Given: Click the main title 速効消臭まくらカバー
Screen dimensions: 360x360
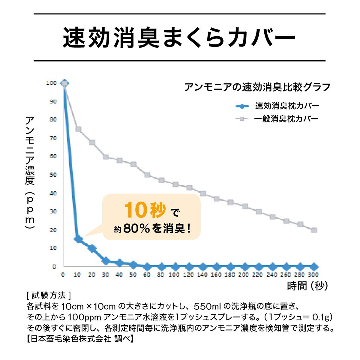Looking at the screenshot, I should [179, 37].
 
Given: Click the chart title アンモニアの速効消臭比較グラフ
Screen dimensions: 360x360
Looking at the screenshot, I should [257, 87].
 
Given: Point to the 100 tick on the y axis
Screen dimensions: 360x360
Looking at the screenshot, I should [51, 83].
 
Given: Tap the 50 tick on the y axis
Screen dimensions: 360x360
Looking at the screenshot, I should [52, 175].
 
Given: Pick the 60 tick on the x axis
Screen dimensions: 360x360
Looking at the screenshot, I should [147, 274].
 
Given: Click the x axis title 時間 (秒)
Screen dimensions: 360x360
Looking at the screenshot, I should [307, 286].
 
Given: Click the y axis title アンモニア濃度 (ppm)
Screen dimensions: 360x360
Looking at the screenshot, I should [30, 172].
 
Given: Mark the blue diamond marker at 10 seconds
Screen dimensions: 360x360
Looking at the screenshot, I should [78, 239].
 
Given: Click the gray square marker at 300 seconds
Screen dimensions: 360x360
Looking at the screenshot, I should [314, 230].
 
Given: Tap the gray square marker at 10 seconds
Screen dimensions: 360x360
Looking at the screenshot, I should [78, 129].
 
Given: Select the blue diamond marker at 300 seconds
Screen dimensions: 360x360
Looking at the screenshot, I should [314, 266].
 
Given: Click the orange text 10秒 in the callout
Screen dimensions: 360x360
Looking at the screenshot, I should [145, 210].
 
